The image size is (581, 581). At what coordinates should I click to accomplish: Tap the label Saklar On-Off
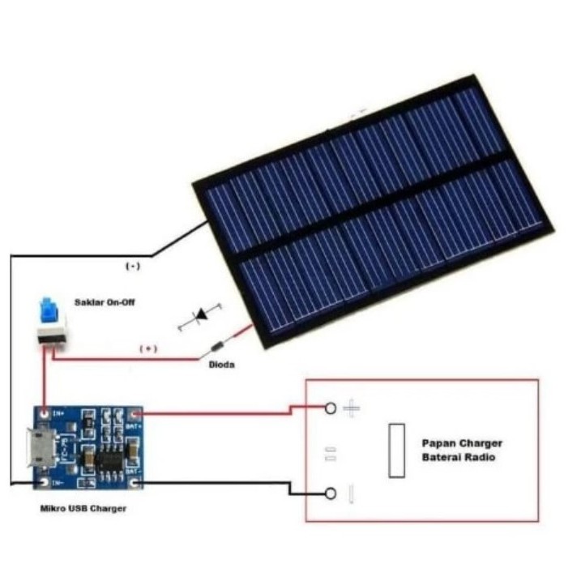(x=105, y=301)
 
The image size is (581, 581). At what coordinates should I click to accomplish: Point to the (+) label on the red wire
(x=148, y=348)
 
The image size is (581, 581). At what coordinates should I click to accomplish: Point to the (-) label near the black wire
(x=132, y=266)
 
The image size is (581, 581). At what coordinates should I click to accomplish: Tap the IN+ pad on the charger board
(x=42, y=414)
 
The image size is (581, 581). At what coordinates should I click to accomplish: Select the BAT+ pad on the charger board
(x=133, y=416)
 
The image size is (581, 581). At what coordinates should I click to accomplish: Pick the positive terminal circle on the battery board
(x=331, y=408)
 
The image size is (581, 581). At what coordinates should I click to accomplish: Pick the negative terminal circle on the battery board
(x=331, y=493)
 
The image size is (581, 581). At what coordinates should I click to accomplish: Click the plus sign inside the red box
(x=351, y=408)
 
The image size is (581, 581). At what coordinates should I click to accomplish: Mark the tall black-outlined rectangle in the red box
(x=396, y=450)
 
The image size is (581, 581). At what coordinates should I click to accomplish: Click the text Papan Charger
(x=462, y=443)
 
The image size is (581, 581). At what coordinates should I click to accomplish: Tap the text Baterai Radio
(x=459, y=459)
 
